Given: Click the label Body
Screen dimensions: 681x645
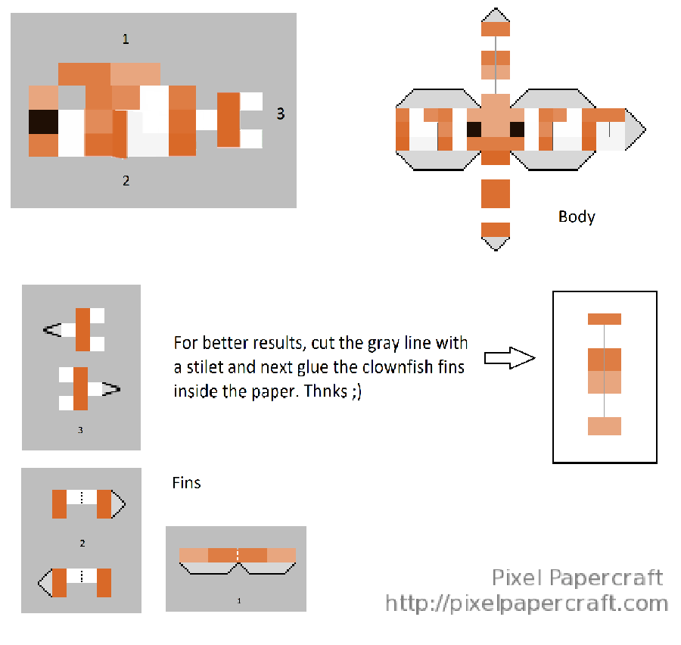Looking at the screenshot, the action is point(577,217).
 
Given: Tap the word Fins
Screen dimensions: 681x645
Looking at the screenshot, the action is point(186,483).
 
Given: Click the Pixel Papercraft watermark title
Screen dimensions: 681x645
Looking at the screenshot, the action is point(577,578).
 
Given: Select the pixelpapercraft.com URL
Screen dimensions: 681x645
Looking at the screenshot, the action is point(527,603).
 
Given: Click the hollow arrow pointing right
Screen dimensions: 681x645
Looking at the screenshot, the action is point(510,358).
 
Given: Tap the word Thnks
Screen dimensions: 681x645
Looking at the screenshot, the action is point(325,391).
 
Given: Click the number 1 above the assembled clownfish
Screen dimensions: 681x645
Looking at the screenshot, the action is point(126,39).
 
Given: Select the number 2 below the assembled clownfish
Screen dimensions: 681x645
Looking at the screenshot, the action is point(126,180).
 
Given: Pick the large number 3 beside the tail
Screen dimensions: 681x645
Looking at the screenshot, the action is point(281,114).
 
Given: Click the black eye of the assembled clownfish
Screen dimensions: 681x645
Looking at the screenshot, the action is point(43,122).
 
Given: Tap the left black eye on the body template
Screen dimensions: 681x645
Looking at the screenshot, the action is point(474,129).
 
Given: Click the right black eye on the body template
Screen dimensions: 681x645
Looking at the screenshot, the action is point(517,129).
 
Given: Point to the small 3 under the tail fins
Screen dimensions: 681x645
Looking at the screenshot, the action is point(80,430).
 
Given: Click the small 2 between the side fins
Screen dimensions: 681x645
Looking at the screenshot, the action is point(82,544).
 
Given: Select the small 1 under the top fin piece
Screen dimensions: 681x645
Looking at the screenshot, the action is point(239,600).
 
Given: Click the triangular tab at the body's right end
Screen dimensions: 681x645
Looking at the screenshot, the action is point(634,129).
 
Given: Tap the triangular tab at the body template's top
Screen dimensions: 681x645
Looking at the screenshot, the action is point(496,15).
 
